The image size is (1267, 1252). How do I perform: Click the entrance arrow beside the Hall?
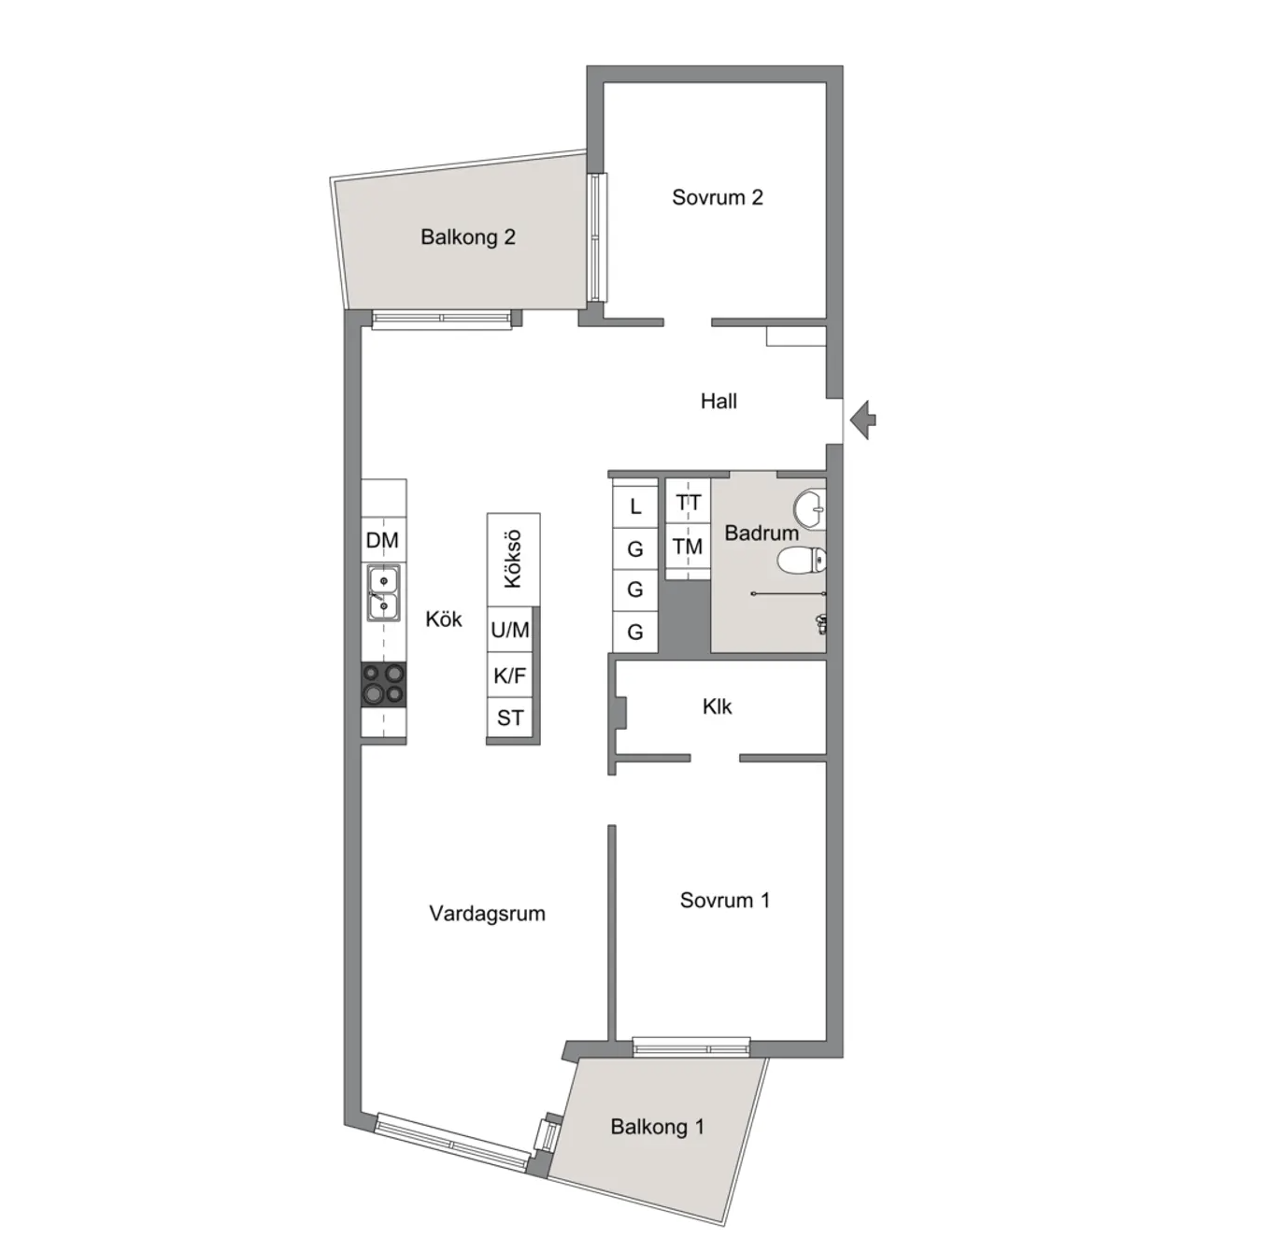pos(862,420)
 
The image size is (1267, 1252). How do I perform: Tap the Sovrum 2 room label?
pos(718,197)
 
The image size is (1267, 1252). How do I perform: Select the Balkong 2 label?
pos(467,237)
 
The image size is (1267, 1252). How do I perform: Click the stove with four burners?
pos(384,685)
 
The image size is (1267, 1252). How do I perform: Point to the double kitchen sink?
pos(383,593)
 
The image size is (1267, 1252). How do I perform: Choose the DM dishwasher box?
pos(383,540)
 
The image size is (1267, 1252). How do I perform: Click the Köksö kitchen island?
pos(514,560)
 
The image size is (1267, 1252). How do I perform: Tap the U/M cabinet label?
pos(510,630)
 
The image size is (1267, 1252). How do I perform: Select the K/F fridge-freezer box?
pos(510,675)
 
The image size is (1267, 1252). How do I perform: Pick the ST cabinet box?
pos(510,718)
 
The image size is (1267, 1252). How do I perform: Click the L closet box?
pos(635,505)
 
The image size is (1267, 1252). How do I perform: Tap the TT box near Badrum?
pos(688,503)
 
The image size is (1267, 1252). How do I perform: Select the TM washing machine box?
pos(688,547)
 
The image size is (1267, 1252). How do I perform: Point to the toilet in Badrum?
pos(802,561)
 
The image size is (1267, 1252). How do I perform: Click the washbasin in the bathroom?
pos(810,508)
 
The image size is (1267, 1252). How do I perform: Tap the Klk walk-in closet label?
pos(717,707)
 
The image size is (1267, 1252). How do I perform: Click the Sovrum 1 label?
pos(724,900)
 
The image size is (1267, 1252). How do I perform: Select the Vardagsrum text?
pos(487,914)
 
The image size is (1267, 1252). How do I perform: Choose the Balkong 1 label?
pos(657,1127)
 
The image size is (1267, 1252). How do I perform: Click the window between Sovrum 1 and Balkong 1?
pos(691,1046)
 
